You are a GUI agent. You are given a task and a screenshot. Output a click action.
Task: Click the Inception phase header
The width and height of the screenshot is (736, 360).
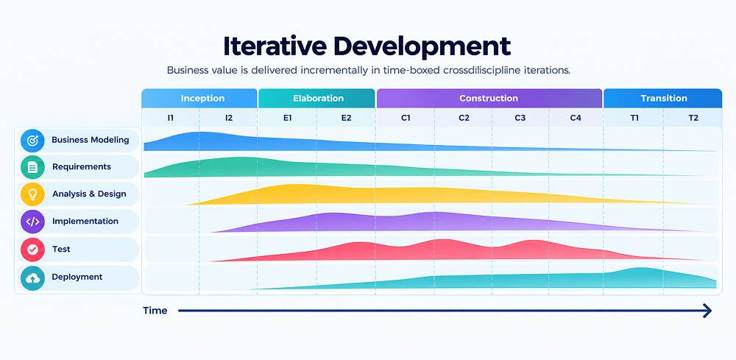[x=199, y=98]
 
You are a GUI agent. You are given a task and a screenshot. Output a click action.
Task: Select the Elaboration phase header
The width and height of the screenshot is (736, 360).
[x=316, y=98]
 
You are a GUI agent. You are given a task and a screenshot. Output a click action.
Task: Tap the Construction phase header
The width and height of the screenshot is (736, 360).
[x=489, y=98]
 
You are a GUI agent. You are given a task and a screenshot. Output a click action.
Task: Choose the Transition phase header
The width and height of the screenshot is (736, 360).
[x=663, y=98]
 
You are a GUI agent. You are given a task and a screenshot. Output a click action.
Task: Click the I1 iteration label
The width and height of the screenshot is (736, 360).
[x=171, y=119]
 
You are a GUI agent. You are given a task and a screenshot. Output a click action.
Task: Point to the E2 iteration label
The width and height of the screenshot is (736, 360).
[x=347, y=119]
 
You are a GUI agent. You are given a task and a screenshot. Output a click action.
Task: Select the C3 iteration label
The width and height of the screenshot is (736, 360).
[x=520, y=119]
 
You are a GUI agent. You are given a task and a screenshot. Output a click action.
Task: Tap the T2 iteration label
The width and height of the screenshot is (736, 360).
[x=693, y=119]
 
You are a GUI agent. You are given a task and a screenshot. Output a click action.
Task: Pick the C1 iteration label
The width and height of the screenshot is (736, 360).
[x=406, y=119]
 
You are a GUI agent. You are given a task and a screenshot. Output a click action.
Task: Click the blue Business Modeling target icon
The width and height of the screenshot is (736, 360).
[x=32, y=141]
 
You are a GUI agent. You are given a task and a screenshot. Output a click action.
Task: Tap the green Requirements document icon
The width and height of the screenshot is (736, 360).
[x=32, y=167]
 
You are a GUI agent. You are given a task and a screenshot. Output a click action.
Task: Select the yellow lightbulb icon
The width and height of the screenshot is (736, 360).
[x=32, y=194]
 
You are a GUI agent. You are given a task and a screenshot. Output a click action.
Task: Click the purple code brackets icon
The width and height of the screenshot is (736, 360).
[x=32, y=222]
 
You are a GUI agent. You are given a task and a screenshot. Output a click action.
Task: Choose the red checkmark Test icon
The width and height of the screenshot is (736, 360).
[x=32, y=250]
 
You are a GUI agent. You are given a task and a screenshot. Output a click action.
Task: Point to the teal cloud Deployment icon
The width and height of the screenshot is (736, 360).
[x=32, y=278]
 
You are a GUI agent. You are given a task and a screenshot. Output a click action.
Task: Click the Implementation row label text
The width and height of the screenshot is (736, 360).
[x=85, y=221]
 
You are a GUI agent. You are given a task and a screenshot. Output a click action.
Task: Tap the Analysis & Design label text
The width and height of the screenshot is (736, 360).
[x=89, y=194]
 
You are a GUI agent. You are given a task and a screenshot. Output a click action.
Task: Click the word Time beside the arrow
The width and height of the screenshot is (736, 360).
[x=155, y=310]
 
